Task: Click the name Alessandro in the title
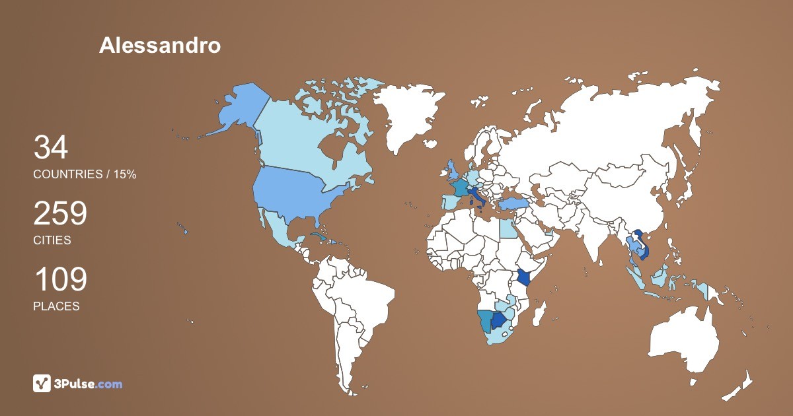[160, 45]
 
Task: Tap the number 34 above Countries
[51, 148]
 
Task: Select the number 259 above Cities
[60, 214]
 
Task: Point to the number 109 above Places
[60, 280]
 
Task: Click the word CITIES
[52, 240]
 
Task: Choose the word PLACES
[56, 306]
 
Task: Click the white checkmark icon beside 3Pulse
[42, 383]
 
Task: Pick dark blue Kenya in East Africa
[525, 277]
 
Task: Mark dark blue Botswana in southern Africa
[500, 321]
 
